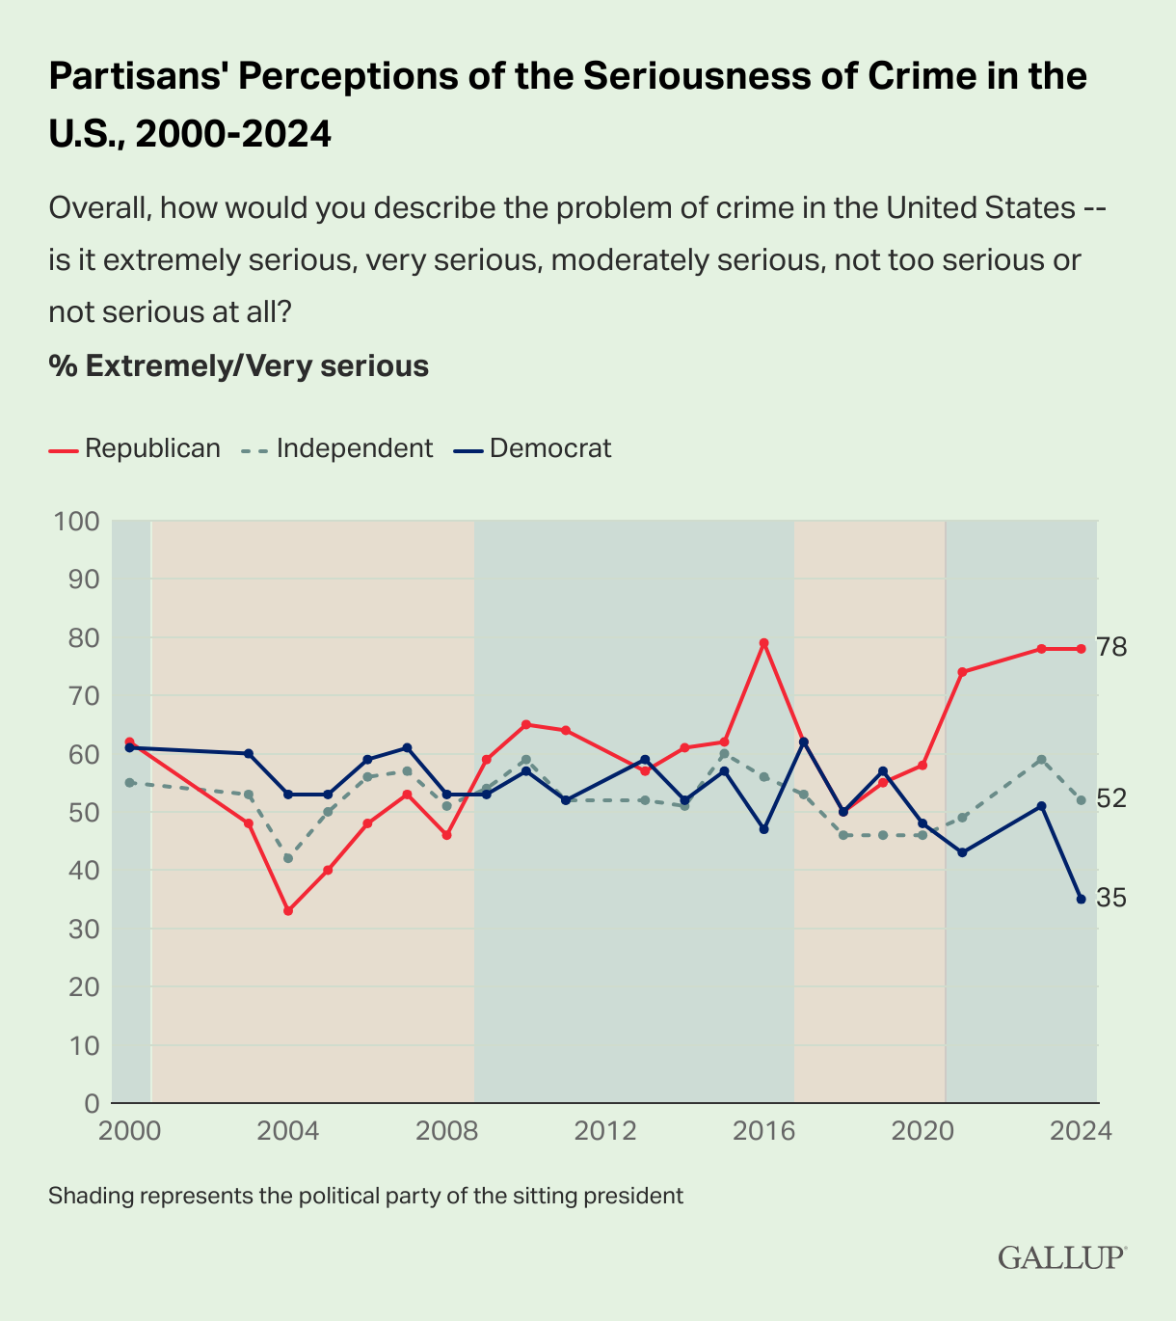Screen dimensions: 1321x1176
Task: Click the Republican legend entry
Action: coord(135,448)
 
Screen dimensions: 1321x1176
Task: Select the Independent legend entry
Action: coord(337,448)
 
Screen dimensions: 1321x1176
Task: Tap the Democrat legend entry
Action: coord(533,448)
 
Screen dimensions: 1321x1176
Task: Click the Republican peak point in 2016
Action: coord(763,643)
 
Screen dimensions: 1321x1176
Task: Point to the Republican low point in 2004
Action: coord(288,910)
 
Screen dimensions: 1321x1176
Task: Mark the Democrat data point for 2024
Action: coord(1081,899)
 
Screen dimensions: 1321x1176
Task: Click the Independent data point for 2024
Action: coord(1081,800)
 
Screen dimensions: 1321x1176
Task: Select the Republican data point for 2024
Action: coord(1081,649)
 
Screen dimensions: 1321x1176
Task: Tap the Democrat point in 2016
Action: coord(763,829)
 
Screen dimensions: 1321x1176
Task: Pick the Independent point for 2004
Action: coord(288,858)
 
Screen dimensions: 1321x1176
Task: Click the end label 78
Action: coord(1111,648)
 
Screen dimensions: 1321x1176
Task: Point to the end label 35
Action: coord(1111,899)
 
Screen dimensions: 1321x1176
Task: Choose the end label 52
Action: coord(1111,798)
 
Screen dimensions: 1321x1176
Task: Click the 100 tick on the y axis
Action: coord(78,522)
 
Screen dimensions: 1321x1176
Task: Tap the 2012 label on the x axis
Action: coord(605,1131)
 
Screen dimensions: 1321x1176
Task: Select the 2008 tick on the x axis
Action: coord(446,1131)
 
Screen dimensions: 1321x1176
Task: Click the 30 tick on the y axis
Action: coord(83,929)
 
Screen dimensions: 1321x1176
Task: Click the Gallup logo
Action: coord(1060,1257)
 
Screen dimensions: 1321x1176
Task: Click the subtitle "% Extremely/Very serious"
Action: coord(238,366)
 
